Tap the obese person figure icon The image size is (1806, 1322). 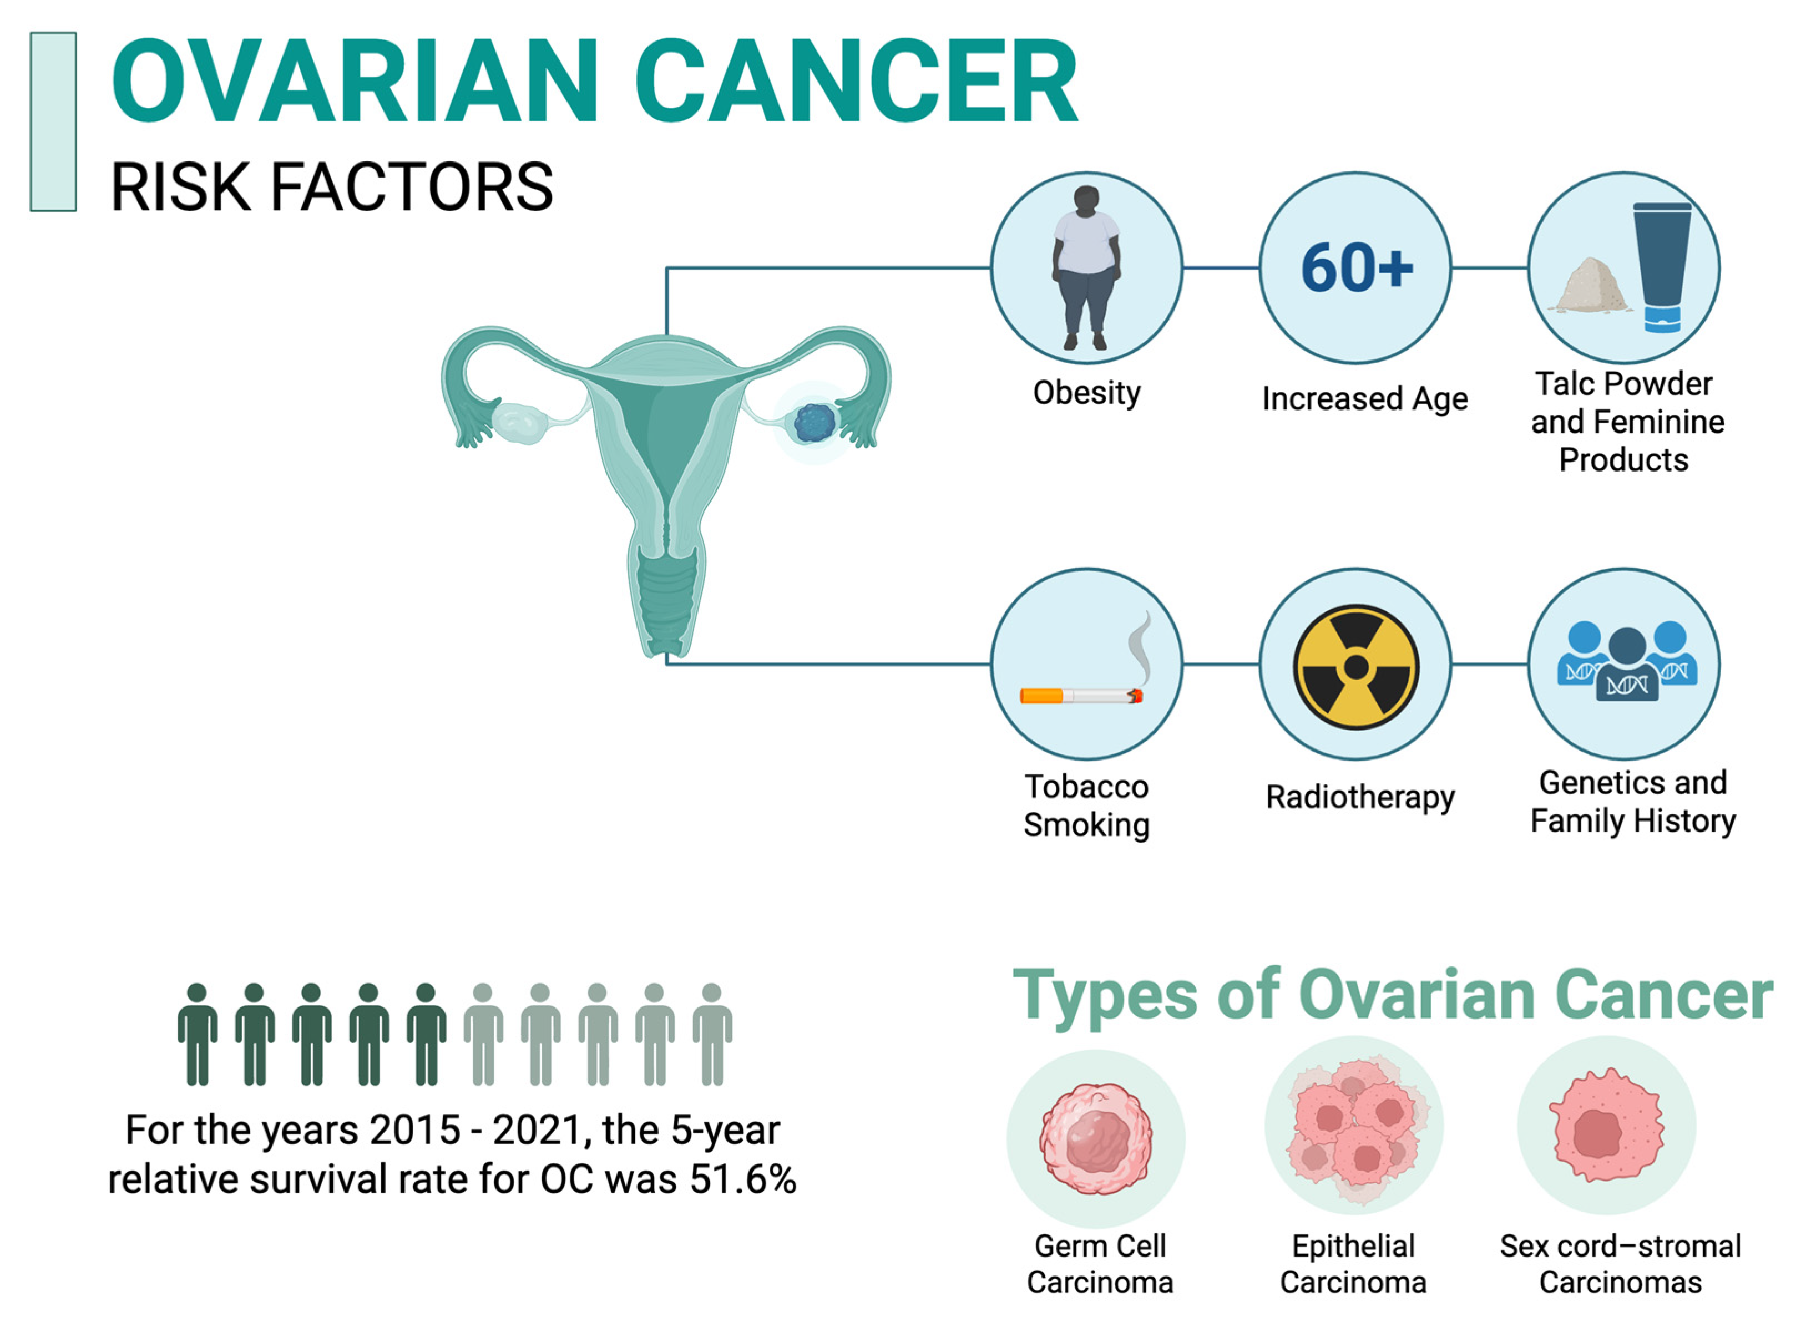(x=1086, y=268)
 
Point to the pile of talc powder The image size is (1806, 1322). (x=1590, y=285)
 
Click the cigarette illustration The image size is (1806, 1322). (x=1081, y=696)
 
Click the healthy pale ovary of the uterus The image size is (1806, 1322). (x=519, y=422)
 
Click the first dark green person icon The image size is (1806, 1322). (x=197, y=1035)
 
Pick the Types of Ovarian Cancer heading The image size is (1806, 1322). (x=1393, y=997)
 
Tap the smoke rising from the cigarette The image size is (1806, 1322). (x=1140, y=647)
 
